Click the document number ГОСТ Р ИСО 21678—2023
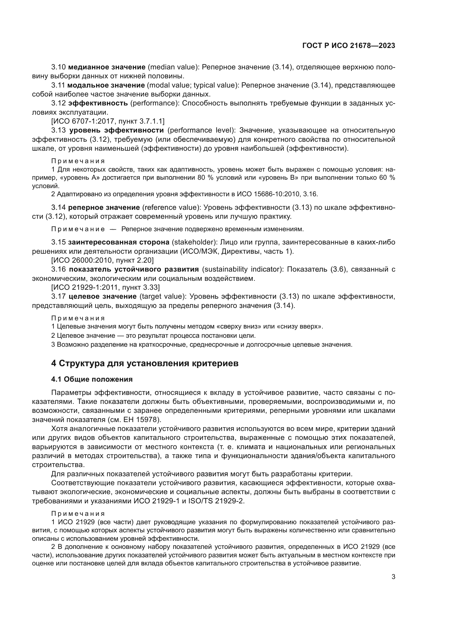click(349, 46)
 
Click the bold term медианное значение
click(107, 67)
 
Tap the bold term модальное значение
click(106, 85)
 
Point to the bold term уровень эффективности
click(116, 130)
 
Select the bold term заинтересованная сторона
click(119, 242)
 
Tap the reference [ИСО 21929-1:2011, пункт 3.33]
click(106, 287)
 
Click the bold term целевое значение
click(103, 296)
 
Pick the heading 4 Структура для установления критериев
click(145, 363)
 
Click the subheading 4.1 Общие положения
click(92, 379)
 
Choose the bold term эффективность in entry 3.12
click(98, 103)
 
